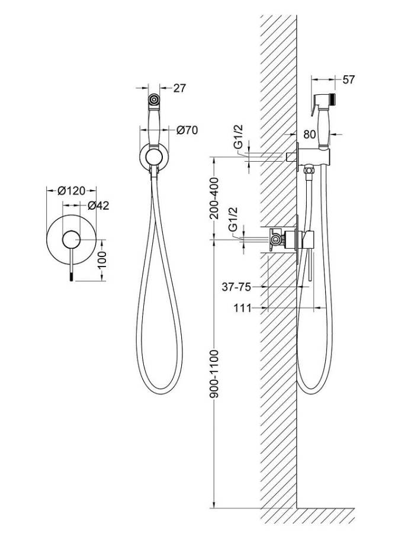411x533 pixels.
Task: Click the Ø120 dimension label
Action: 72,191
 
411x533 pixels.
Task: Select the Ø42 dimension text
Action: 98,206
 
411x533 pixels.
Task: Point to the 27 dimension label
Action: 180,88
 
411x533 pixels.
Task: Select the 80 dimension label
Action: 309,134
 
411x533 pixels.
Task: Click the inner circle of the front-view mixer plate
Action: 72,239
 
